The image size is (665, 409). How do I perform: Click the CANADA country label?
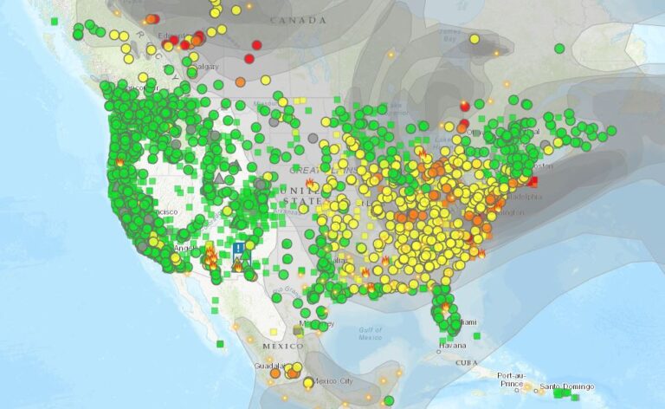coord(293,20)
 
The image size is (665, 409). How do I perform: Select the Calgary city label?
coord(207,67)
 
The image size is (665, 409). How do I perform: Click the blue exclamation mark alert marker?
coord(238,249)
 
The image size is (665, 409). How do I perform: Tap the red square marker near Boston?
coord(533,181)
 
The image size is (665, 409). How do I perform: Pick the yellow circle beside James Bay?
coord(474,39)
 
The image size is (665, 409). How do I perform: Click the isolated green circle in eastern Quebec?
coord(559,49)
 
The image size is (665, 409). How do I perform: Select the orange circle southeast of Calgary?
coord(240,82)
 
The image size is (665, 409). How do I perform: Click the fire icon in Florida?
coord(446,305)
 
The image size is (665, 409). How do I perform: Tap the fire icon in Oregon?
coord(119,161)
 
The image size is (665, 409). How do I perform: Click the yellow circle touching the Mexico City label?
coord(308,382)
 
